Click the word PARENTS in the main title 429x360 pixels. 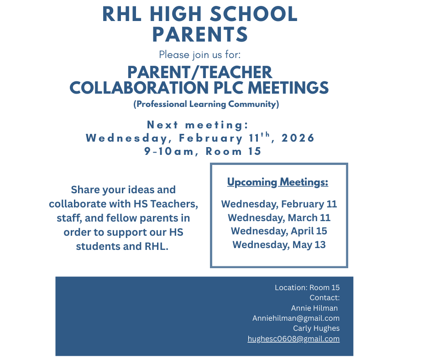(x=200, y=35)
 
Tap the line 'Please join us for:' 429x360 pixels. (x=200, y=55)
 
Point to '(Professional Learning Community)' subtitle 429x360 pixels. (x=206, y=104)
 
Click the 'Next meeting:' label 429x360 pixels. (x=198, y=125)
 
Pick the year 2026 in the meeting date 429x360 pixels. (x=295, y=138)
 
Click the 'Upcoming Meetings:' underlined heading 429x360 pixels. (x=278, y=182)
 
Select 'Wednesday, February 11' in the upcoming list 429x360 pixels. (x=279, y=204)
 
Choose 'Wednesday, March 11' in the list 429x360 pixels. (x=279, y=217)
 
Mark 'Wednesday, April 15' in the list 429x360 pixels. (x=279, y=231)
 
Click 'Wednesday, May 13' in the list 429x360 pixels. (x=279, y=244)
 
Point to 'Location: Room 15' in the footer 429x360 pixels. (x=307, y=287)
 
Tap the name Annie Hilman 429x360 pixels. (x=314, y=308)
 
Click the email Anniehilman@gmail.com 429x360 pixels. (x=296, y=318)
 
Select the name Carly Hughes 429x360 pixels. (x=316, y=328)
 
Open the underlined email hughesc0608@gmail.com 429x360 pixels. (x=293, y=339)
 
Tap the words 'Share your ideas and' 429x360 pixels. (x=123, y=190)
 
